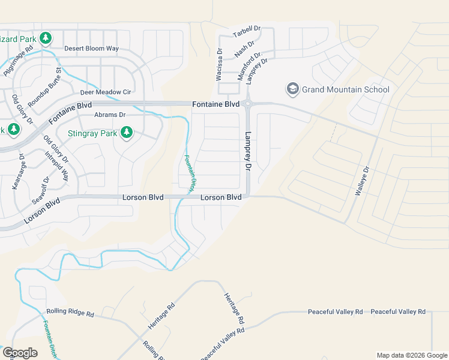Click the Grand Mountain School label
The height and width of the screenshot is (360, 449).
pos(346,90)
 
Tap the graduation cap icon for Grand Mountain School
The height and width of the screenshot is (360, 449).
pos(293,89)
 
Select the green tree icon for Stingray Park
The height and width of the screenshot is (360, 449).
pos(126,132)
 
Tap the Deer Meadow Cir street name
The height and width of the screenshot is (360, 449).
pos(106,93)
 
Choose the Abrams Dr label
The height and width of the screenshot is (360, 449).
pos(109,115)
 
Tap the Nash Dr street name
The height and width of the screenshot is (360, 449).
pos(244,50)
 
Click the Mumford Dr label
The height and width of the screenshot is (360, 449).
pos(251,62)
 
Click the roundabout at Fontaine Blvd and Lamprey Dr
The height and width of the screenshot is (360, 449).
pos(247,104)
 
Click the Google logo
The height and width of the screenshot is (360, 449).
pos(20,353)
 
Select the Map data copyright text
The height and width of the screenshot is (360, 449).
pos(411,355)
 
